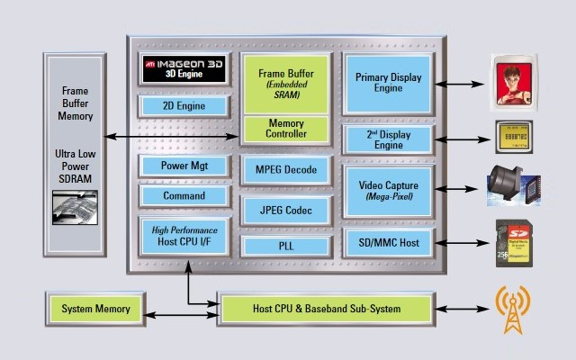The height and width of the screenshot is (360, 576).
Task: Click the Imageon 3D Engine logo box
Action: click(x=184, y=70)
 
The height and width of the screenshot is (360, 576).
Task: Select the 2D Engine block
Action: click(x=184, y=106)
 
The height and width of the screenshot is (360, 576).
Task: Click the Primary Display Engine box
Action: click(x=389, y=84)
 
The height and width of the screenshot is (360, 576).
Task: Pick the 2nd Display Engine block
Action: click(x=389, y=139)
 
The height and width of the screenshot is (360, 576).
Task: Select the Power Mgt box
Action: click(x=184, y=166)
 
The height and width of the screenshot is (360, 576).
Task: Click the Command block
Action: click(x=184, y=195)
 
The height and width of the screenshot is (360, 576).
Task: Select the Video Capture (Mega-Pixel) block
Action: click(x=389, y=190)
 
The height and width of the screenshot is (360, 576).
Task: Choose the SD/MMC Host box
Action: click(x=389, y=242)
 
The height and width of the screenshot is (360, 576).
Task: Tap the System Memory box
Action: click(x=95, y=310)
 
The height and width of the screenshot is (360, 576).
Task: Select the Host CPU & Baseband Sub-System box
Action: click(x=326, y=310)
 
